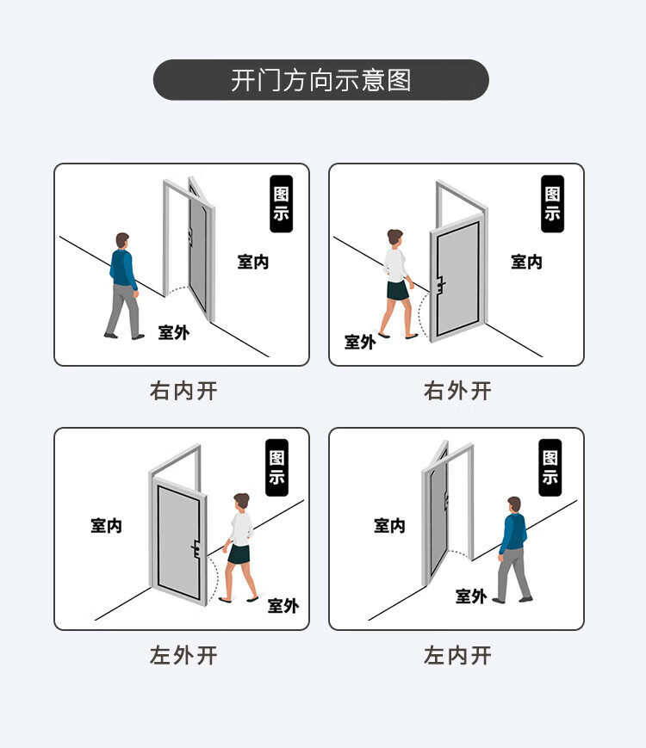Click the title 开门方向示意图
coord(321,80)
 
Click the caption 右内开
coord(183,391)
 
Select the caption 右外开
coord(457,391)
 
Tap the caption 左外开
coord(183,655)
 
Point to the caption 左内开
coord(457,655)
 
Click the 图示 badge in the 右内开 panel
coord(281,204)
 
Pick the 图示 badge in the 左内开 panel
coord(550,467)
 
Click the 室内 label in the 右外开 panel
coord(526,262)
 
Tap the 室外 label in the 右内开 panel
coord(174,332)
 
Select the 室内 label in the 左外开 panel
coord(107,526)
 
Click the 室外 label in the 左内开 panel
coord(471,597)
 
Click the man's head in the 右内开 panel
coord(122,240)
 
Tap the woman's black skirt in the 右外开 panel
coord(398,290)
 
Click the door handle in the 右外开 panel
coord(440,285)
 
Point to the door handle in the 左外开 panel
coord(196,548)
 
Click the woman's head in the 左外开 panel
coord(241,501)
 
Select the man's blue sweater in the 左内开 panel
coord(513,532)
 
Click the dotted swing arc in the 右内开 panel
coord(177,289)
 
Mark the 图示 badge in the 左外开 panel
coord(277,467)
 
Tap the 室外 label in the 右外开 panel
coord(360,342)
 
